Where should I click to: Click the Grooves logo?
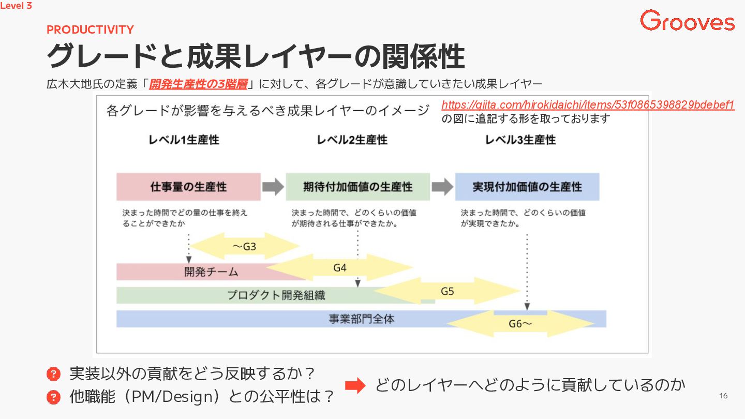(687, 21)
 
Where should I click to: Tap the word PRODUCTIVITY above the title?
(90, 29)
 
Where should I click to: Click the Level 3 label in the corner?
(16, 6)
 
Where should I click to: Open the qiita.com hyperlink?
(588, 105)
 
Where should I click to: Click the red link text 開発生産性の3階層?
(198, 84)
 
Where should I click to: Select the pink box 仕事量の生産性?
(188, 187)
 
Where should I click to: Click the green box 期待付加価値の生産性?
(357, 187)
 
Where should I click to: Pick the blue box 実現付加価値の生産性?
(527, 187)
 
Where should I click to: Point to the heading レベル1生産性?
(184, 140)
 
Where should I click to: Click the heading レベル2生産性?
(352, 140)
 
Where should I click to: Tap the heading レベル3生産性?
(520, 140)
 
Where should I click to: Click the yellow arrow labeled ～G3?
(245, 246)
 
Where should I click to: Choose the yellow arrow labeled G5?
(447, 291)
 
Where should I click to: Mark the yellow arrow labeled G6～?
(520, 324)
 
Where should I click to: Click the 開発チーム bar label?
(211, 272)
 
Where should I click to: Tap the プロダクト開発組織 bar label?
(276, 295)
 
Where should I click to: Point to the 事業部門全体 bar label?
(361, 319)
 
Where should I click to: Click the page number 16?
(723, 396)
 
